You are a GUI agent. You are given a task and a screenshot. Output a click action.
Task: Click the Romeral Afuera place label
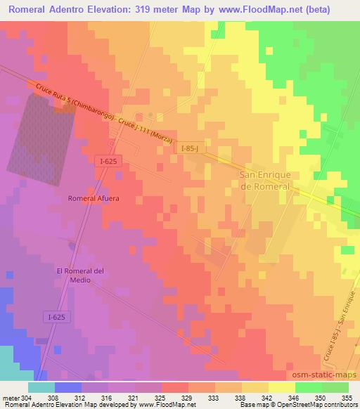coord(94,198)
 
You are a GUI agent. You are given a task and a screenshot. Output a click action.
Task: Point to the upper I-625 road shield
coord(108,162)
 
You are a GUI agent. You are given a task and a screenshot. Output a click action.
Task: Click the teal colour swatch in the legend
coord(41,387)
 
